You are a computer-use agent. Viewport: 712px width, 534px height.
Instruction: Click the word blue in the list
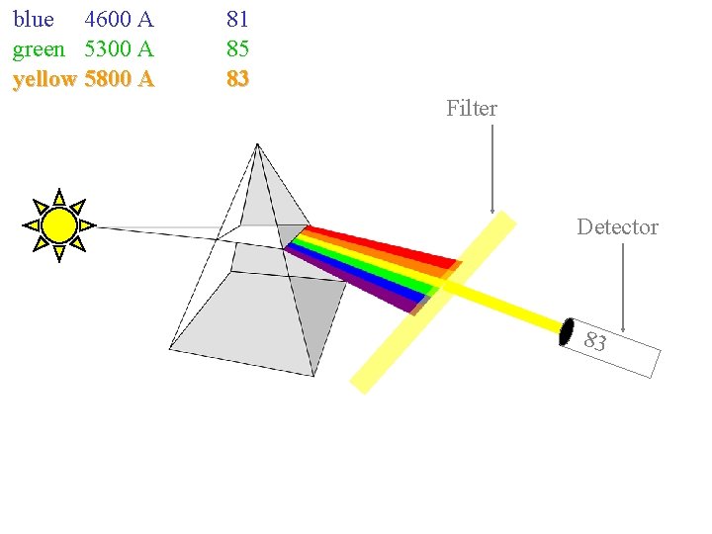[33, 19]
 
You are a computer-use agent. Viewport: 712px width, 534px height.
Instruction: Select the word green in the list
[39, 48]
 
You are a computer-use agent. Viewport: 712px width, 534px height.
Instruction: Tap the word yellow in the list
[44, 78]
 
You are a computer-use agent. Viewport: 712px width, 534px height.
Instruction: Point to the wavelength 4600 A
[119, 19]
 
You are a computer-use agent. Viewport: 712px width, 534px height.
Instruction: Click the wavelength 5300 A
[119, 48]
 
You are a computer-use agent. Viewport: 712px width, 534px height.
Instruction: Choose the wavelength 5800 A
[119, 78]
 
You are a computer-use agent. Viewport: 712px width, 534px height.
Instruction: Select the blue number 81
[237, 19]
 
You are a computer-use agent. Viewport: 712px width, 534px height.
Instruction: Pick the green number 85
[237, 48]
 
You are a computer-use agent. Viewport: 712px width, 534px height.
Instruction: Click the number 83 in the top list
[237, 78]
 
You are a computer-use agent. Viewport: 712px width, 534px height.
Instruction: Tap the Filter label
[472, 108]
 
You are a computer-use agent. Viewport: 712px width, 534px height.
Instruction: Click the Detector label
[617, 227]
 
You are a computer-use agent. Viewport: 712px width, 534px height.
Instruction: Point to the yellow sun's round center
[59, 225]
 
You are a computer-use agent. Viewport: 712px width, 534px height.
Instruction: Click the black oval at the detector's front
[567, 332]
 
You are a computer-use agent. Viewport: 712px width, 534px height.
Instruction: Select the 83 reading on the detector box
[595, 343]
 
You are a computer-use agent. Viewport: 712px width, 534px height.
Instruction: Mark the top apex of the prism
[257, 145]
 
